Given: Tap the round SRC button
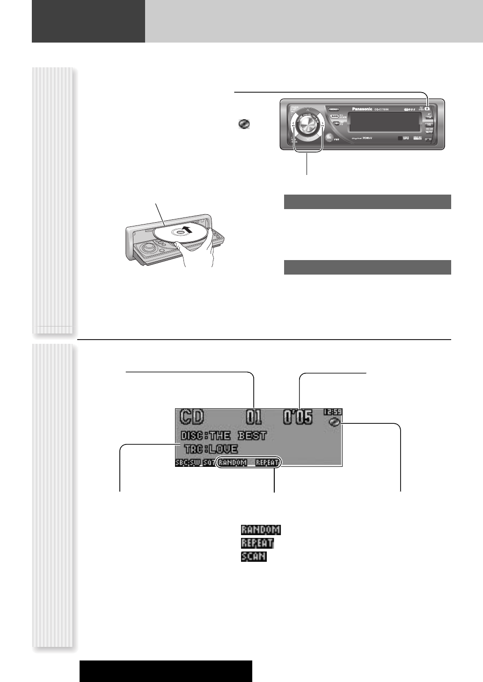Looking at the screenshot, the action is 329,138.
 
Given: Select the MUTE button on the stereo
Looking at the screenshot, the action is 428,132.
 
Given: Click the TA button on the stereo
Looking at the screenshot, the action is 428,117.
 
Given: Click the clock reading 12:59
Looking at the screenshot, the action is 332,412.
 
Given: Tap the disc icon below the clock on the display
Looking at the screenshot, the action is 334,422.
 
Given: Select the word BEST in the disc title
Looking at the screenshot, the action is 252,436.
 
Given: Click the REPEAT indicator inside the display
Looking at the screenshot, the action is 267,463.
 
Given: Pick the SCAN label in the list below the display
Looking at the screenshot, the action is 253,557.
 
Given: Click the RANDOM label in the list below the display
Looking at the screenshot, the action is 260,530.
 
